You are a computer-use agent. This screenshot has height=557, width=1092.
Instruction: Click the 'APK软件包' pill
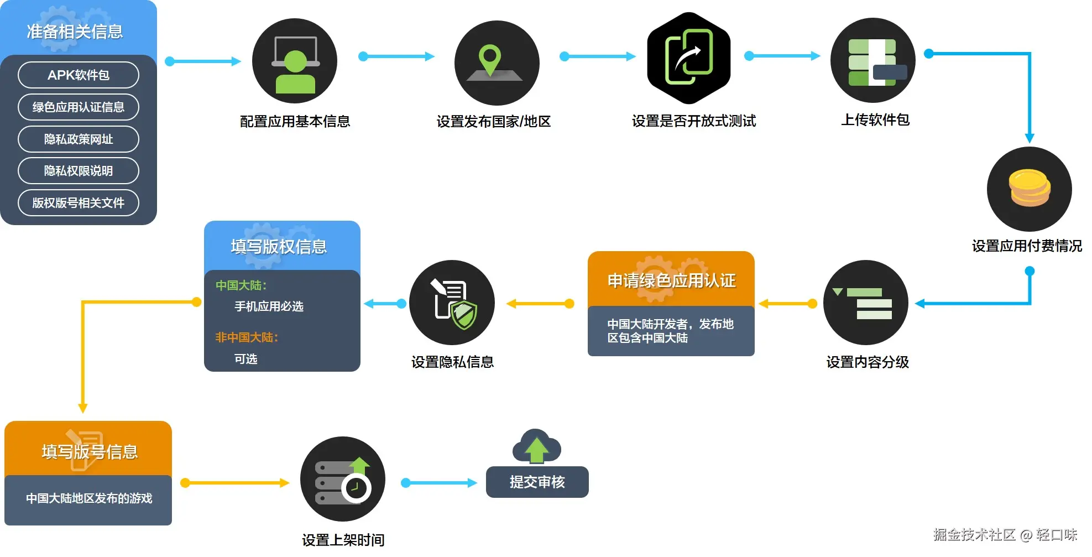[x=79, y=75]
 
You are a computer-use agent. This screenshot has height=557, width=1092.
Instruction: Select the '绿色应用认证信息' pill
[x=79, y=107]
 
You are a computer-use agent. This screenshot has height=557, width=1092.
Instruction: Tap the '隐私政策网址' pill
[x=79, y=139]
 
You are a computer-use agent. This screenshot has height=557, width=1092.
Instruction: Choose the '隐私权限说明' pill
[x=79, y=171]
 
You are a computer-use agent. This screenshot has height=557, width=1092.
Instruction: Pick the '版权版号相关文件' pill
[x=79, y=203]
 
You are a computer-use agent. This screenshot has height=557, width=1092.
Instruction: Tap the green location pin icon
[x=490, y=60]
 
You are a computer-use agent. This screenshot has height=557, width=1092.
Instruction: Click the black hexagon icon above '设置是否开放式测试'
[x=689, y=58]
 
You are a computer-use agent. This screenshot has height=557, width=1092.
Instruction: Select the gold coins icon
[x=1030, y=188]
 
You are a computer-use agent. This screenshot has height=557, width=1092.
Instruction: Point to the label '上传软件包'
[x=875, y=120]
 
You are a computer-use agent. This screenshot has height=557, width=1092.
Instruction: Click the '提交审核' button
[x=537, y=482]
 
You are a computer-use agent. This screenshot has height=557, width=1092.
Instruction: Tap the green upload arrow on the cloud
[x=536, y=450]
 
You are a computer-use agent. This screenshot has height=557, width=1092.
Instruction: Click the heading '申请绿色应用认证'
[x=672, y=280]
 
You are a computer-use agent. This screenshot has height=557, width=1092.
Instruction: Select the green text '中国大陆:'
[x=241, y=285]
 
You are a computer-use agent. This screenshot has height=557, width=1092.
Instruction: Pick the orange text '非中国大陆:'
[x=247, y=337]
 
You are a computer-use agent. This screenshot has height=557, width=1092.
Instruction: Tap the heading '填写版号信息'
[x=90, y=452]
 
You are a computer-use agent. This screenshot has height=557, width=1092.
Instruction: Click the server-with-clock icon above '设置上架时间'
[x=343, y=479]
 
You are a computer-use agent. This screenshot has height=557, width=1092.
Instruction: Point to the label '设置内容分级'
[x=868, y=362]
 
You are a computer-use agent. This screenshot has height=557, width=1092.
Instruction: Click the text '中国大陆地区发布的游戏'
[x=89, y=498]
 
